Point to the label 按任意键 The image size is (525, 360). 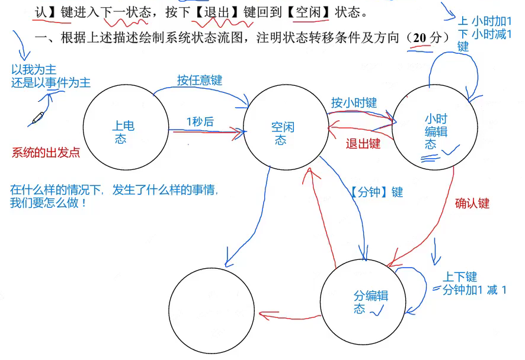pos(199,80)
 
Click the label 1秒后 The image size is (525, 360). pos(200,122)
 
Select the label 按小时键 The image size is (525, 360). pos(354,102)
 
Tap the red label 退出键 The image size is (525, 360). pos(363,143)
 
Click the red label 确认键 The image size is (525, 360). pos(472,204)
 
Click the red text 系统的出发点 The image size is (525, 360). pos(46,152)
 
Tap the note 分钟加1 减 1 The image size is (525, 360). pos(474,290)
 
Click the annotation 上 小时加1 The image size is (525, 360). pos(485,21)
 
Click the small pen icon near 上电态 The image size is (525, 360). pos(37,117)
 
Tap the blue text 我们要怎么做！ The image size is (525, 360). pos(49,203)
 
